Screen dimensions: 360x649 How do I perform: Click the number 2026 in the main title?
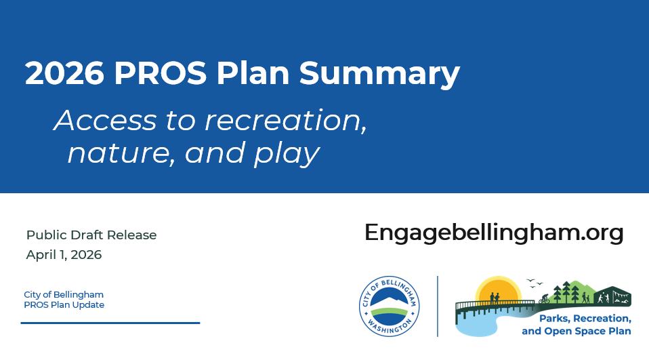coord(64,73)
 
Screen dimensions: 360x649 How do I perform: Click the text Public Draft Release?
coord(91,235)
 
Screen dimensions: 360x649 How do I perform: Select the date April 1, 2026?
coord(64,255)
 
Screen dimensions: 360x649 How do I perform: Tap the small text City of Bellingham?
coord(64,294)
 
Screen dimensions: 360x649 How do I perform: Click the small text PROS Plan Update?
coord(64,305)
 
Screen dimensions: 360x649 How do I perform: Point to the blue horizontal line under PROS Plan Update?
coord(110,323)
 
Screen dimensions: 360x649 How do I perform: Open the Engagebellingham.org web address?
coord(494,233)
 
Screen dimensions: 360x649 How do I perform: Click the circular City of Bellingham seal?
coord(389,306)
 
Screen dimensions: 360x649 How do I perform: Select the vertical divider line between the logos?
coord(438,306)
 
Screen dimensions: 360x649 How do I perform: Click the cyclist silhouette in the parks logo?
coord(544,298)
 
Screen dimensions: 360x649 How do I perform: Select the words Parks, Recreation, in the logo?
coord(585,319)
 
